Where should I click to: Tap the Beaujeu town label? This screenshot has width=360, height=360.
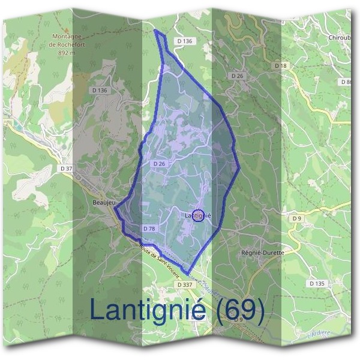(x=103, y=203)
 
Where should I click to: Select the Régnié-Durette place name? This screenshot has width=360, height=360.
(x=261, y=253)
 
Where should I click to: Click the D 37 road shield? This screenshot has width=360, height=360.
(x=65, y=169)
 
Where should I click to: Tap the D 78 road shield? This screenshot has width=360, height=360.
(x=149, y=229)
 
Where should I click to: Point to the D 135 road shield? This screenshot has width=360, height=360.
(x=316, y=283)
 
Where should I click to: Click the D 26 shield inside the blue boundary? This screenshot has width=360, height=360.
(x=159, y=163)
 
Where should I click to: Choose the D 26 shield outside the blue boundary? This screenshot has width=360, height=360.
(x=237, y=76)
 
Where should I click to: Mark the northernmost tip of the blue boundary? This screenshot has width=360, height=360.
(x=156, y=31)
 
